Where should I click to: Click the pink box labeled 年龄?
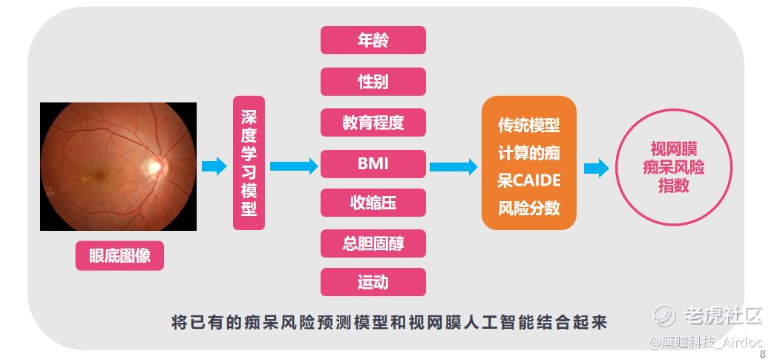373,40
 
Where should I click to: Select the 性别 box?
373,82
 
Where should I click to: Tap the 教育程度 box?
373,122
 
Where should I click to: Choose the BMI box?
373,163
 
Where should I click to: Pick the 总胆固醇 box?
373,243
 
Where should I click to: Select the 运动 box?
373,282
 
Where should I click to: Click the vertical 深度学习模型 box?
249,163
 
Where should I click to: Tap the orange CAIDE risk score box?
528,163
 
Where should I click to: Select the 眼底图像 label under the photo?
119,256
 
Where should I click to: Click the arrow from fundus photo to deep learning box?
214,166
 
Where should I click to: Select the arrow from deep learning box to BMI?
294,166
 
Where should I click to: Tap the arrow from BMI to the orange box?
453,166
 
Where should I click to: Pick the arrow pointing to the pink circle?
596,168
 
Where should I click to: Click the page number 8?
762,354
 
